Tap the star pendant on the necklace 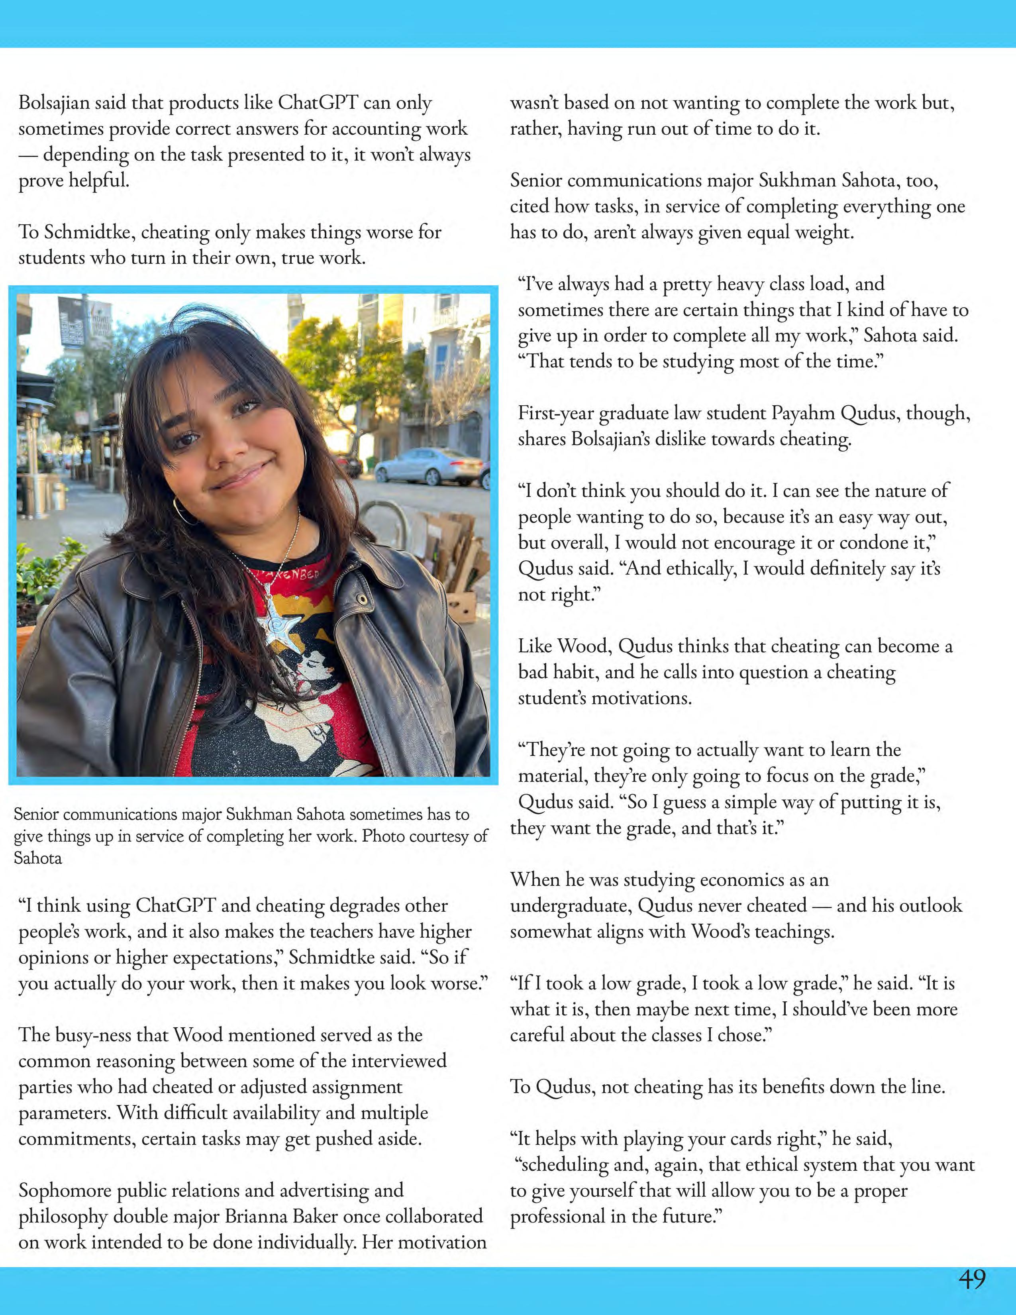click(x=277, y=624)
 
